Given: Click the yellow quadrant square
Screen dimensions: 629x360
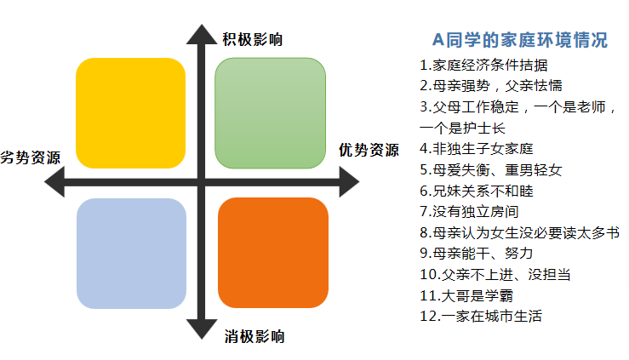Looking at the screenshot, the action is [x=131, y=113].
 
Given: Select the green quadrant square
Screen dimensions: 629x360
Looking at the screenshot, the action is [x=270, y=113].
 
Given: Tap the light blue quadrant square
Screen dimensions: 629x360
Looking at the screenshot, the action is [x=131, y=254].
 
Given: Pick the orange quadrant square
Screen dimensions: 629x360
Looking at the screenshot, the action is [x=272, y=253].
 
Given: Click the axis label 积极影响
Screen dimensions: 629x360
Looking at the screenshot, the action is [x=253, y=40].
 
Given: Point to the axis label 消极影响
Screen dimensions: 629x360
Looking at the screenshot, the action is [x=254, y=336].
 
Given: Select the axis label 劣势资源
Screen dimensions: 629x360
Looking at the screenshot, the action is [x=30, y=157].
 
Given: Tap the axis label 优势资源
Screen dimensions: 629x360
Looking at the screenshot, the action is [x=369, y=151].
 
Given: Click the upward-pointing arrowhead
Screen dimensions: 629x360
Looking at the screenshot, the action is [x=202, y=34].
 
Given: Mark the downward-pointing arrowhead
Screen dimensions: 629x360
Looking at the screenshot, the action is [x=202, y=329].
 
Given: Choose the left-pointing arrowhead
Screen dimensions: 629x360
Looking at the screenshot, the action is [x=54, y=182].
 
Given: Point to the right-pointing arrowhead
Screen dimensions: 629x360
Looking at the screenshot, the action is [x=349, y=182].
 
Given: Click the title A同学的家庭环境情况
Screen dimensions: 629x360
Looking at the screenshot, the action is [x=520, y=40].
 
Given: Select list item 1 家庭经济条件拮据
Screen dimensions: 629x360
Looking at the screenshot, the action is [x=483, y=65].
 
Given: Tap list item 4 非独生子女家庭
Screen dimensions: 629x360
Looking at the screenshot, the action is [x=476, y=149].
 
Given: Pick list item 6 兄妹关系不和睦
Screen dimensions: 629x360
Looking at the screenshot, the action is [x=476, y=191].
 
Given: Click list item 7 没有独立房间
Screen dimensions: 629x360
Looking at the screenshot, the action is [x=469, y=211].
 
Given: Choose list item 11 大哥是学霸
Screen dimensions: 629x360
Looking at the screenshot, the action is [x=466, y=295].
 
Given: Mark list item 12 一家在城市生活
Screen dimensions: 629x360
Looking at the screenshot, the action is [x=481, y=316].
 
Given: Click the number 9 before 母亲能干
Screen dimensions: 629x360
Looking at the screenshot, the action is [x=424, y=254].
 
